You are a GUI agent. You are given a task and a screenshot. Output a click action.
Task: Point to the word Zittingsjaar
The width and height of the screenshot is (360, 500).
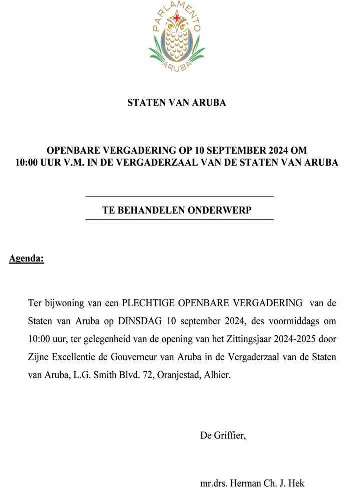[243, 339]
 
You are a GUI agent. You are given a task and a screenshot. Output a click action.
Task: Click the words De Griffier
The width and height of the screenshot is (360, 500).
[223, 435]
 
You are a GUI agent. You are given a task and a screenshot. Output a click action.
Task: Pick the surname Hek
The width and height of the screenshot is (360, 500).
[296, 483]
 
